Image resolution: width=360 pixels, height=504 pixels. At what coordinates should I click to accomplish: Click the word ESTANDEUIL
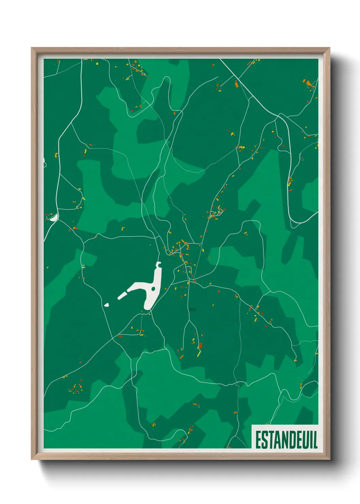286,440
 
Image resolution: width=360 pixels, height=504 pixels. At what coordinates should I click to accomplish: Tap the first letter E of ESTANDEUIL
258,440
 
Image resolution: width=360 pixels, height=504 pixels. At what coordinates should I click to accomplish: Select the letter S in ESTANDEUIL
264,440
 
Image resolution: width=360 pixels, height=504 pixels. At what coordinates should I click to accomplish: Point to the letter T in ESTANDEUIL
271,440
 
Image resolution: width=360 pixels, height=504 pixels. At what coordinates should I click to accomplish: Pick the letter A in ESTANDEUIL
277,440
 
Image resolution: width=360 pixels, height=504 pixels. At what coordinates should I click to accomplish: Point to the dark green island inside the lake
153,289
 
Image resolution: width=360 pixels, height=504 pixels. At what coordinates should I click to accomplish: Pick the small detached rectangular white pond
122,295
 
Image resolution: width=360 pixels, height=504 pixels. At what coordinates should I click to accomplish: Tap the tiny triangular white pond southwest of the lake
107,305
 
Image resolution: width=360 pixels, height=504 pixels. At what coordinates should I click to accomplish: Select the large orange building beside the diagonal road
236,84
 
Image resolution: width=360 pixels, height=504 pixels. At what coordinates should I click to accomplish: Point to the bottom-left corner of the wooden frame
32,459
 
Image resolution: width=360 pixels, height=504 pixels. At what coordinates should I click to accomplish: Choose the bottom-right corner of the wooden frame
329,459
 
